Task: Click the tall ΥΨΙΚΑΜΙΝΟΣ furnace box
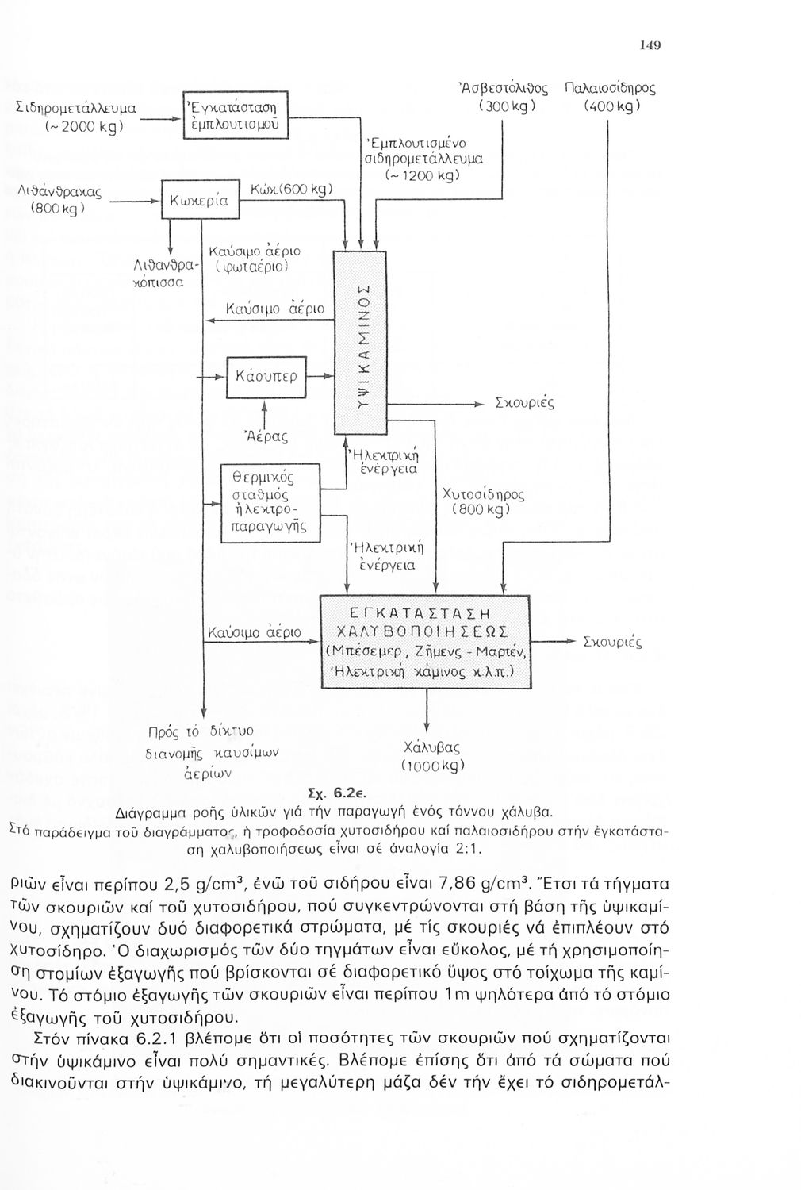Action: pos(360,342)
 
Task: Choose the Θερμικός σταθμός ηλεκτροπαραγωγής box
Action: pos(270,503)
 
